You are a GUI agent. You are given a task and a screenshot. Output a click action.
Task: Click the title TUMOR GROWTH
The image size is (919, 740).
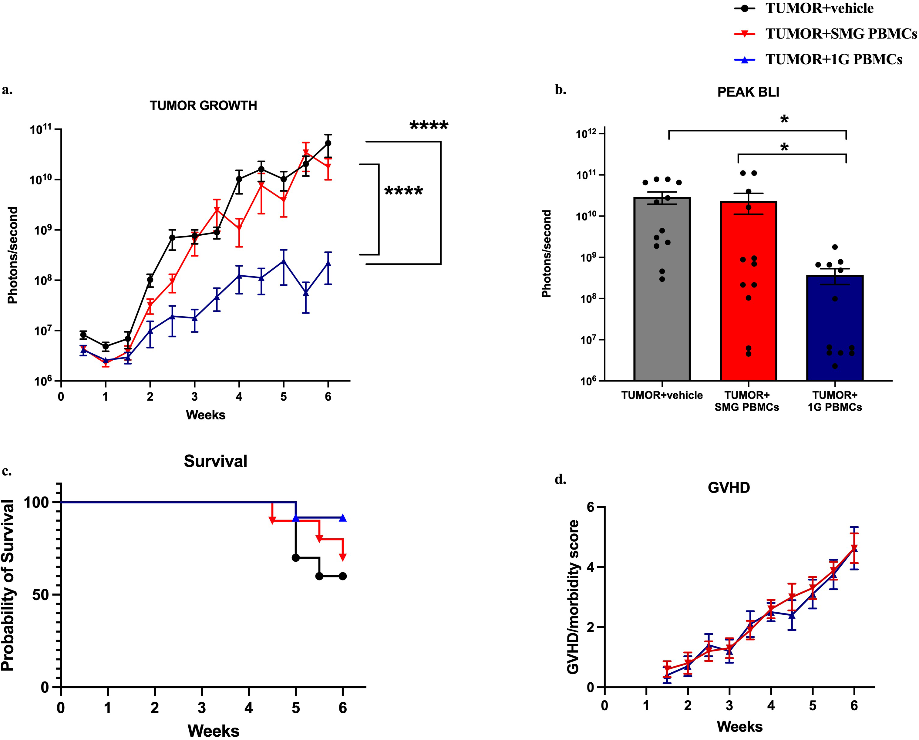tap(203, 106)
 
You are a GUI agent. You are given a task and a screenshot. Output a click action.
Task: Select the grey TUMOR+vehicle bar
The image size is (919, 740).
tap(662, 289)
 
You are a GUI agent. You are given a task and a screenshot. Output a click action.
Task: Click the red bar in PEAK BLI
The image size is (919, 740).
tap(749, 291)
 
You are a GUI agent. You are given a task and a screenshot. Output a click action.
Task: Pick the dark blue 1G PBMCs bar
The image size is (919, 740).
tap(835, 328)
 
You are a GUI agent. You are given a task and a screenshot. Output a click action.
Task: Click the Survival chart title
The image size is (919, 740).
tap(216, 461)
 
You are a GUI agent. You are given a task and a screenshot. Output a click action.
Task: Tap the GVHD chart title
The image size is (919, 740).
tap(729, 487)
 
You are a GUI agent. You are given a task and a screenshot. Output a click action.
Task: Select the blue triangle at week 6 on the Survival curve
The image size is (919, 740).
tap(343, 518)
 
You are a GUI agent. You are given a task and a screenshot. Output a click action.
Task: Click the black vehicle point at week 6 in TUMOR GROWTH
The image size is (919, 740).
tap(328, 143)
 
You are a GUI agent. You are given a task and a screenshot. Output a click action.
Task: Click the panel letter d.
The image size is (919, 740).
tap(560, 480)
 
